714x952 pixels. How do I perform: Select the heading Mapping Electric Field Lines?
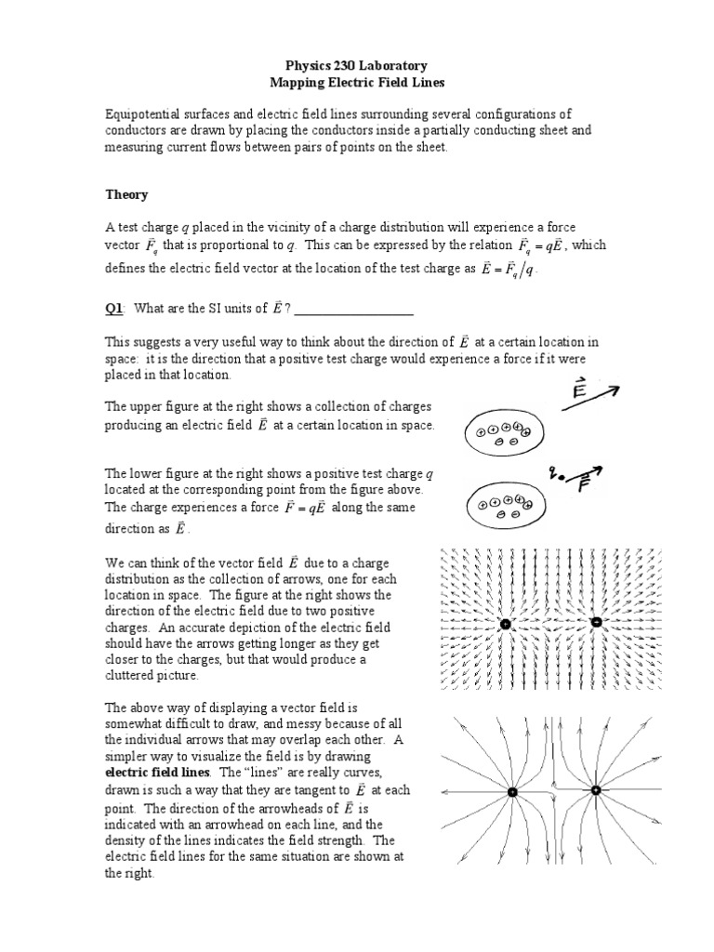357,84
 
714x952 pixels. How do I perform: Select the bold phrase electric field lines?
158,773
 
